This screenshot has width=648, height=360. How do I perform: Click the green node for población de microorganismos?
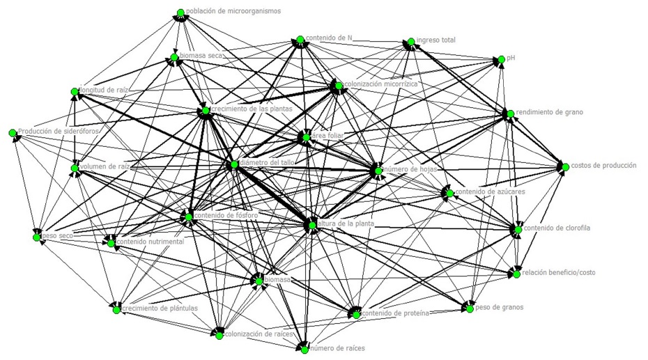pyautogui.click(x=180, y=13)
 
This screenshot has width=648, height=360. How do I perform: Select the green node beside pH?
pyautogui.click(x=500, y=61)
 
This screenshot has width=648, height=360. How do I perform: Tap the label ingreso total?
pyautogui.click(x=436, y=40)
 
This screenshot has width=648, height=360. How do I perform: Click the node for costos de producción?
pyautogui.click(x=565, y=166)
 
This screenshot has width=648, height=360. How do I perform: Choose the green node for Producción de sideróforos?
pyautogui.click(x=13, y=132)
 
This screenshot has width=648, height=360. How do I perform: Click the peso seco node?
pyautogui.click(x=36, y=237)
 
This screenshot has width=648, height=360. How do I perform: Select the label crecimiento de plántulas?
pyautogui.click(x=160, y=308)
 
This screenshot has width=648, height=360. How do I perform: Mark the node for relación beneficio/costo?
pyautogui.click(x=516, y=274)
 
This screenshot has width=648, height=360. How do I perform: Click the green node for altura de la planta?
pyautogui.click(x=311, y=225)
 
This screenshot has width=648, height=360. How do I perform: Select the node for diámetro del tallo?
pyautogui.click(x=233, y=165)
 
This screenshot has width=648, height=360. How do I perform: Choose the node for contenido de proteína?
pyautogui.click(x=356, y=315)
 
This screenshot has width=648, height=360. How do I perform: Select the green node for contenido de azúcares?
pyautogui.click(x=450, y=192)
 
